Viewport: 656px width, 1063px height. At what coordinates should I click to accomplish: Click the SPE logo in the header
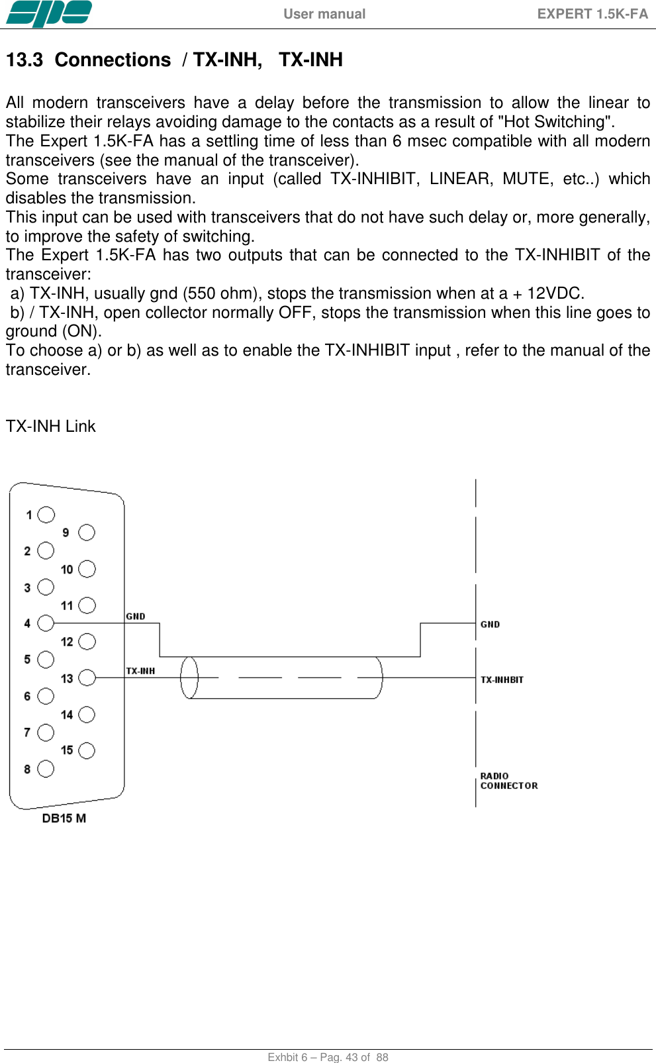point(49,13)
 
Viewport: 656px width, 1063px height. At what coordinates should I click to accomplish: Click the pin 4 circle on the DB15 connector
point(46,623)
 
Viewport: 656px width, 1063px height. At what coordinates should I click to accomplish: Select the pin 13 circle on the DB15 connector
point(87,678)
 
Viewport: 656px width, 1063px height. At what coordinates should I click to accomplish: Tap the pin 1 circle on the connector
point(46,515)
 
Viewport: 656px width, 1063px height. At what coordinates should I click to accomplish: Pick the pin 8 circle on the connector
point(46,768)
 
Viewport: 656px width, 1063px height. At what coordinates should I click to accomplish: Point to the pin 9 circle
point(87,532)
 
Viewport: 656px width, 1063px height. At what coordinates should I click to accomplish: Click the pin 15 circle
point(87,750)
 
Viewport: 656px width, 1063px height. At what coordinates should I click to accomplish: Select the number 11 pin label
point(67,605)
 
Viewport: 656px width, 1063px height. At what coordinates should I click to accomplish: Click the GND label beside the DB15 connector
point(136,617)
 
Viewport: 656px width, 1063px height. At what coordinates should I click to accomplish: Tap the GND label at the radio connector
point(490,625)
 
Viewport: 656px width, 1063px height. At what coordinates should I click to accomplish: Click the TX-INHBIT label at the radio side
point(502,680)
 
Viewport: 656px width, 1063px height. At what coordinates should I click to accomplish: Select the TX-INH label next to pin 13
point(140,671)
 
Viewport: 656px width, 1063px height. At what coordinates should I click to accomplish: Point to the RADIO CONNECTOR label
point(508,781)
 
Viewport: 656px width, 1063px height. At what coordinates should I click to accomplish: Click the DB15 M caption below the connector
point(64,818)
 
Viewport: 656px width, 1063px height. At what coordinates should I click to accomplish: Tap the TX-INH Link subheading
point(51,427)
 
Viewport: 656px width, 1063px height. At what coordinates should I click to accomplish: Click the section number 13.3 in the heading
point(24,60)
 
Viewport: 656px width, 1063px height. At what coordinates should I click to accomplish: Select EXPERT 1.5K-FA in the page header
point(592,14)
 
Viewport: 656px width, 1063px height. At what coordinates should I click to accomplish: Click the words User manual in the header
point(324,14)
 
